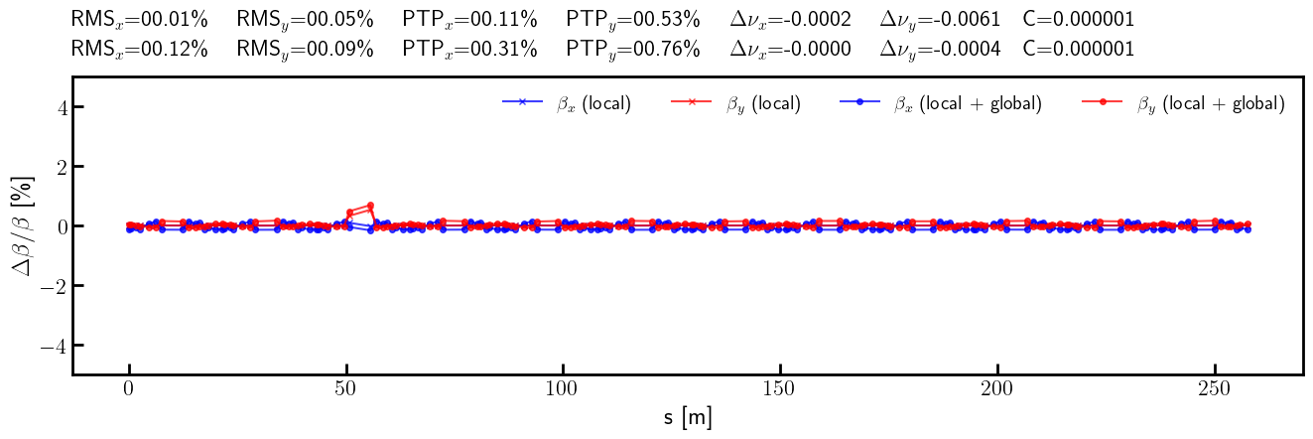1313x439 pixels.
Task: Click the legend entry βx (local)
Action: click(567, 104)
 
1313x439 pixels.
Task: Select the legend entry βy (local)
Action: click(735, 104)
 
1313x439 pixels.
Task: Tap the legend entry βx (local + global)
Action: click(941, 104)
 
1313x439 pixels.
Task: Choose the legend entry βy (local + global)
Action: click(1183, 104)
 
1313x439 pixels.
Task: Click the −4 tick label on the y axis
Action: click(54, 345)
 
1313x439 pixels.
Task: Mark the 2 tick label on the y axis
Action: click(61, 167)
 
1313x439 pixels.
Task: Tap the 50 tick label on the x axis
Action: click(345, 389)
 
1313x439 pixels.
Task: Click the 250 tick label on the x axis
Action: click(1215, 389)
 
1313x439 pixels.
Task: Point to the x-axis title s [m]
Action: click(688, 418)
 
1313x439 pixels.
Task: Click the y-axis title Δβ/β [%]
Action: click(23, 226)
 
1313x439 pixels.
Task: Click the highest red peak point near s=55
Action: click(370, 206)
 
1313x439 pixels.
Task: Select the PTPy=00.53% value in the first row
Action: click(633, 20)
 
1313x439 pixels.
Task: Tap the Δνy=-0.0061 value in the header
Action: click(940, 20)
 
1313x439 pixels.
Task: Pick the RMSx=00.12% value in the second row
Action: click(140, 49)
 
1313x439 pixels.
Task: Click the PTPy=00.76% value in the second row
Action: click(633, 49)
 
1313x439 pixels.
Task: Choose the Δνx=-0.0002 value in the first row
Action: click(791, 20)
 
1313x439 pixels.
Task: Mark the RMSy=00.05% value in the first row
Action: click(305, 20)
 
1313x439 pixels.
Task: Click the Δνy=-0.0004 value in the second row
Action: click(940, 49)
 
